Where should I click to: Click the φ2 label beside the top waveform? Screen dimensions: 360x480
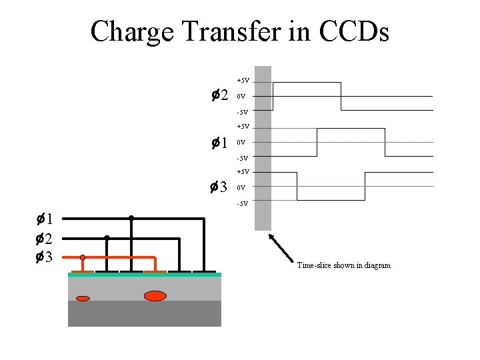pos(219,95)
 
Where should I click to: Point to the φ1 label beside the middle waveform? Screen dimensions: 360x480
pos(219,143)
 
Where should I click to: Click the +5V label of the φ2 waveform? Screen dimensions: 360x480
pos(243,80)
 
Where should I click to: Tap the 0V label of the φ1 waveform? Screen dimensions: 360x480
pos(241,143)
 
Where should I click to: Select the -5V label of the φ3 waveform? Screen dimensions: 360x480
pos(243,203)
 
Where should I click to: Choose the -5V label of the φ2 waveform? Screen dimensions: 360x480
pos(243,112)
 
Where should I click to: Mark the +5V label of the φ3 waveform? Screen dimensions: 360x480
pos(243,172)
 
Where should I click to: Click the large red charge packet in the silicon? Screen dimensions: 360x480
pos(155,296)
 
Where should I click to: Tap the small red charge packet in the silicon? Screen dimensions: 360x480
pos(83,299)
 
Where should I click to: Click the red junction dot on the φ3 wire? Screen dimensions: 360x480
pos(83,257)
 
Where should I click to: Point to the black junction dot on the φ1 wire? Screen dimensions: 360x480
pos(131,218)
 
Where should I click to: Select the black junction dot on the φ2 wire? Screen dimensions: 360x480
pos(107,237)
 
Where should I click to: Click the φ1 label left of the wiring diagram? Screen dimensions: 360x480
pos(45,218)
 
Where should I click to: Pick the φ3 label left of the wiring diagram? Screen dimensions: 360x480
pos(45,257)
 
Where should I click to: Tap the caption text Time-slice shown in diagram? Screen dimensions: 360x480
pos(344,265)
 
